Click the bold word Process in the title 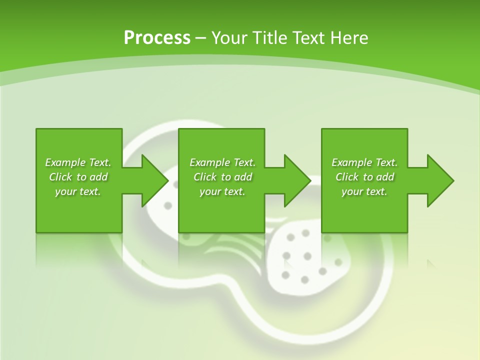click(157, 38)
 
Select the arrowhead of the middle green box click(297, 180)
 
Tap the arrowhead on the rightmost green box click(440, 180)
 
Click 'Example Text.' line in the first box click(78, 162)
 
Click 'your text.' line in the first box click(78, 191)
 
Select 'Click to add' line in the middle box click(222, 177)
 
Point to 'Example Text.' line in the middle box click(222, 162)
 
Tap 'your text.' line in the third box click(364, 191)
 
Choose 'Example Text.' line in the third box click(364, 162)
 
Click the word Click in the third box click(347, 177)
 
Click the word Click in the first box click(60, 177)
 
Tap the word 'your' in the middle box click(209, 192)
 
